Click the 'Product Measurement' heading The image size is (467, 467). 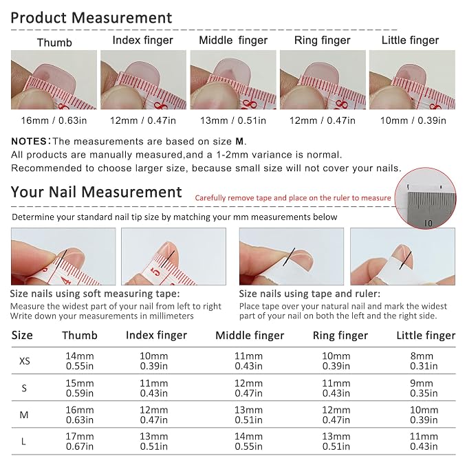[x=91, y=18]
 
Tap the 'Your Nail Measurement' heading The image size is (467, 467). [x=96, y=192]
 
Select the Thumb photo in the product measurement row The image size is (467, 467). [x=54, y=80]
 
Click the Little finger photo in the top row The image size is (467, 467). [x=412, y=80]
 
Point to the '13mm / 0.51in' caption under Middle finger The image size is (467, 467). [x=233, y=120]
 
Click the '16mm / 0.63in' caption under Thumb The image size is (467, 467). [x=54, y=120]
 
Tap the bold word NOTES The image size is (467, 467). [x=29, y=141]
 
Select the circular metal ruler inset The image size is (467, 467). [x=425, y=198]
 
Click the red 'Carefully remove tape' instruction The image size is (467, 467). [x=293, y=198]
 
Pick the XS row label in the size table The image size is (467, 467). [x=25, y=361]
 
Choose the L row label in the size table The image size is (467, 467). [x=23, y=442]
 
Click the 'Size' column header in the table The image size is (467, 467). [x=22, y=336]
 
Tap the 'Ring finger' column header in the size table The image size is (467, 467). [x=340, y=336]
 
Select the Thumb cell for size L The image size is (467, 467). [x=80, y=442]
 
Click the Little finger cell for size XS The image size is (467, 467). [x=424, y=361]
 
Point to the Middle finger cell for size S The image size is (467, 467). [x=248, y=388]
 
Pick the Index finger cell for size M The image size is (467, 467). [x=153, y=415]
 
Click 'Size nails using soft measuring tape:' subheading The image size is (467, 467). [x=95, y=294]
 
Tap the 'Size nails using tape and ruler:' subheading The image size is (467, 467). [x=309, y=294]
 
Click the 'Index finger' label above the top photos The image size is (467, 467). [x=142, y=41]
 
